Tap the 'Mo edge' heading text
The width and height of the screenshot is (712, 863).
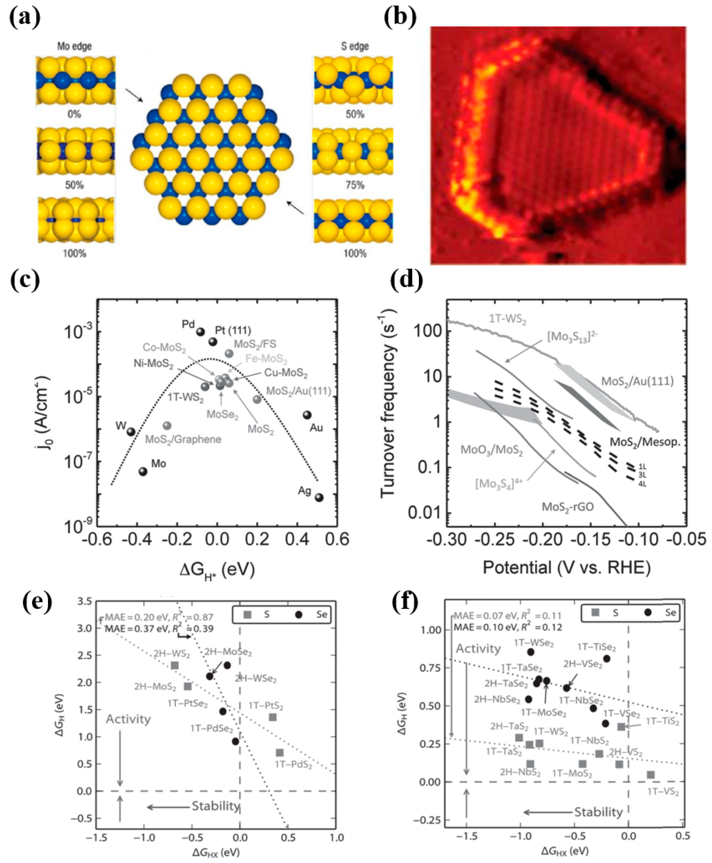point(74,46)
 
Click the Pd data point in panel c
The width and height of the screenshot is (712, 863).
point(201,332)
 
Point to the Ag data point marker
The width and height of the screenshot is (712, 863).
point(319,497)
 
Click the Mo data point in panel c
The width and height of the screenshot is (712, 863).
point(143,471)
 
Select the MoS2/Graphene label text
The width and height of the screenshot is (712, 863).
point(183,439)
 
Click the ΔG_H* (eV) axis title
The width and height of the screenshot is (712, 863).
point(217,570)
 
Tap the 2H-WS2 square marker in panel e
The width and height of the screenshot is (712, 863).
point(175,665)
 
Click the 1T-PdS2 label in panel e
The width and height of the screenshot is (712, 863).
point(294,765)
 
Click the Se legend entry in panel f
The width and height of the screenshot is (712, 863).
point(665,612)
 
